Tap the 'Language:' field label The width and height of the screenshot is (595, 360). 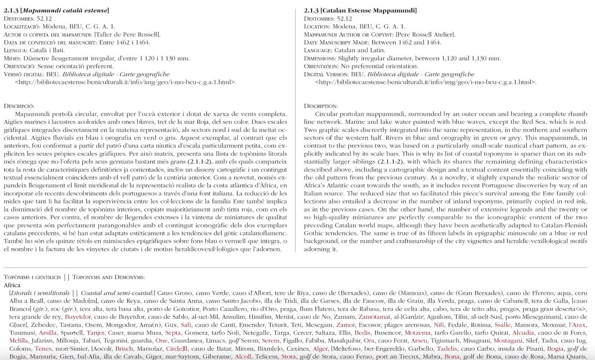[318, 50]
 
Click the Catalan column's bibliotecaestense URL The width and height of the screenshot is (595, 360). [126, 82]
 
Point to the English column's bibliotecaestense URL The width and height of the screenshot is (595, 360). [426, 82]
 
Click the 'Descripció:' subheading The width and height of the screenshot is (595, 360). [19, 106]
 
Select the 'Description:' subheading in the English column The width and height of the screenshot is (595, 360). [321, 106]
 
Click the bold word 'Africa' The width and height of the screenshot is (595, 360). [12, 285]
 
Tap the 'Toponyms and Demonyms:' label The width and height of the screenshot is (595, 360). [108, 277]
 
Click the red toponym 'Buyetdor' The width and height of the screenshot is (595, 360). [78, 317]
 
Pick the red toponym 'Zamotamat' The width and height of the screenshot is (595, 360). [374, 317]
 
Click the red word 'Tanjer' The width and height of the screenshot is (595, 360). [95, 333]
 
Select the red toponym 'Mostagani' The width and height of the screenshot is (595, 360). [508, 341]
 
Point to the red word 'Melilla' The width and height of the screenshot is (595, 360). [18, 341]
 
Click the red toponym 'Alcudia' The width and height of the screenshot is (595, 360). [523, 333]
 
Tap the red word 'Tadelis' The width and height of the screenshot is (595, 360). [447, 348]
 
